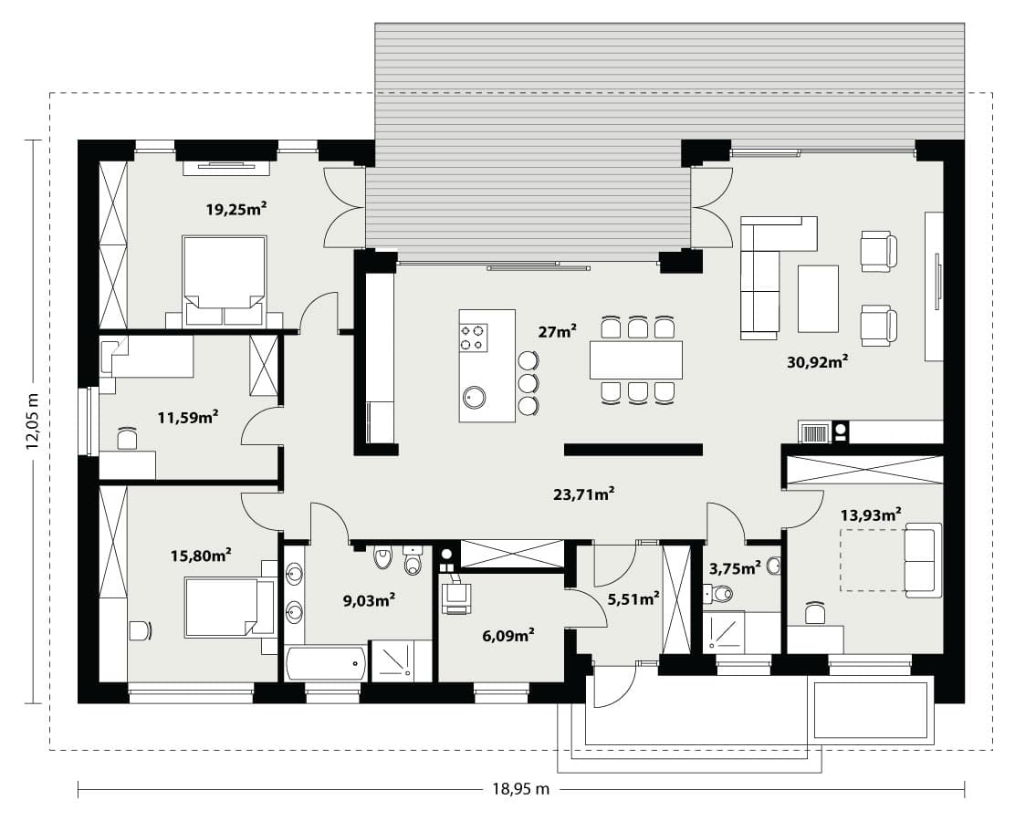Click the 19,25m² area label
(x=236, y=209)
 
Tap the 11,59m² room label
(x=188, y=417)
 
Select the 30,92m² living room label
(x=818, y=361)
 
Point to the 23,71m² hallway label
(x=584, y=495)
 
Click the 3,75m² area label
(x=736, y=568)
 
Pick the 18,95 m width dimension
(x=521, y=789)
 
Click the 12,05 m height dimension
(x=34, y=421)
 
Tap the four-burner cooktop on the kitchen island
(x=473, y=338)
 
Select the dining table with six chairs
(x=635, y=359)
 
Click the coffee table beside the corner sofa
(x=818, y=298)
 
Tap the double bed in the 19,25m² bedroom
(x=224, y=281)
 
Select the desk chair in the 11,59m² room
(x=128, y=438)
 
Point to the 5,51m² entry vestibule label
(x=633, y=599)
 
